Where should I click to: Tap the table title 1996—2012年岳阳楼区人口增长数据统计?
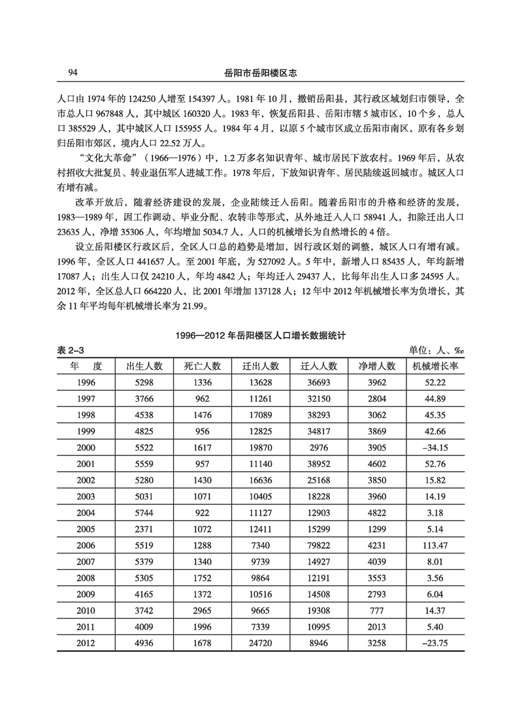pos(263,336)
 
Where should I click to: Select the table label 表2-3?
pos(73,351)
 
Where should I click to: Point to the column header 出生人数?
pos(144,366)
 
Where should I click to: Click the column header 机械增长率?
pos(435,366)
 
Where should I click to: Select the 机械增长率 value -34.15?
pos(435,448)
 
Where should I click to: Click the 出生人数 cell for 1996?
pos(144,382)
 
